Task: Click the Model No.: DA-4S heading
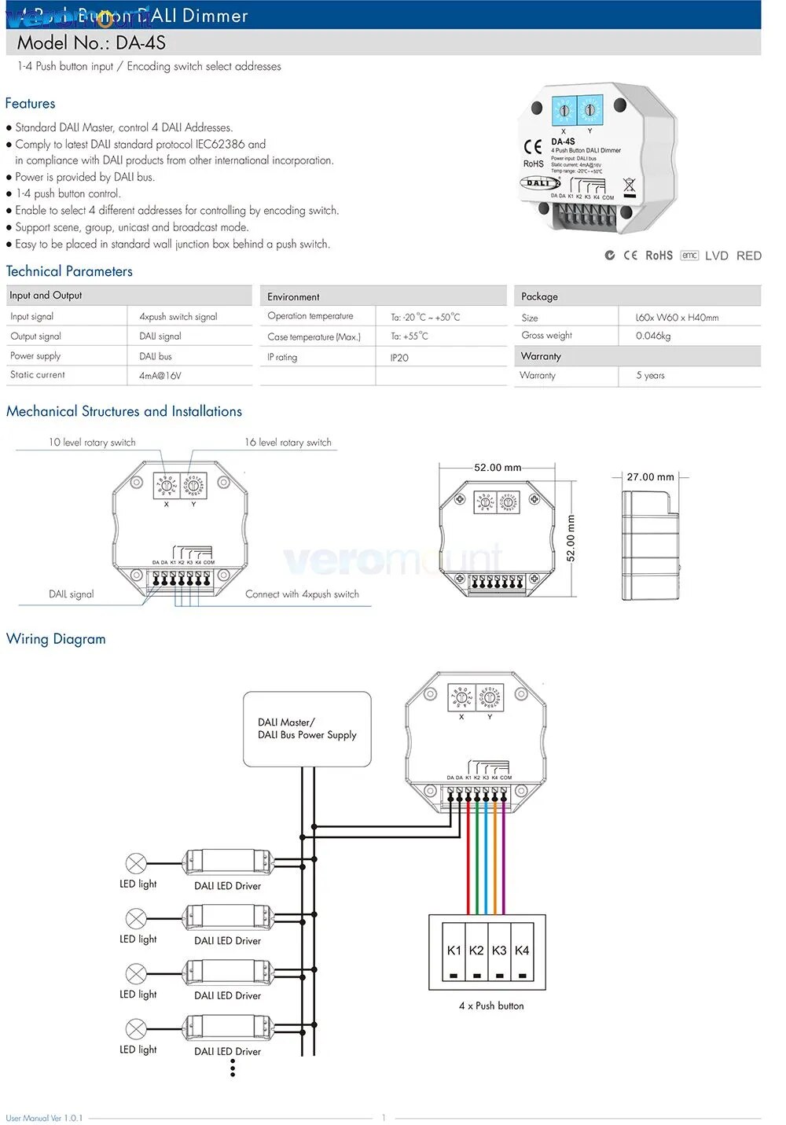tap(91, 43)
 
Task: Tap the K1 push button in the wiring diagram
tap(454, 951)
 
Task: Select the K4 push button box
tap(522, 951)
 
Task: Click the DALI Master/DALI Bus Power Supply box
tap(307, 729)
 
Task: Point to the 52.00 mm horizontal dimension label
tap(498, 468)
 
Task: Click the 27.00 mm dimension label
tap(650, 477)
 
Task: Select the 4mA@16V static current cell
tap(160, 376)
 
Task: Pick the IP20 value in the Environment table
tap(399, 358)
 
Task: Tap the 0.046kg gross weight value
tap(653, 336)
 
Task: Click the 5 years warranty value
tap(650, 376)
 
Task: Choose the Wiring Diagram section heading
tap(56, 639)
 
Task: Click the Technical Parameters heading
tap(69, 271)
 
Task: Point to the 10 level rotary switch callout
tap(92, 443)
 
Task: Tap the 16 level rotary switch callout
tap(288, 443)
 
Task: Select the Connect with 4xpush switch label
tap(302, 594)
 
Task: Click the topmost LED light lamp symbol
tap(136, 864)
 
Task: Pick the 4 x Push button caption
tap(491, 1006)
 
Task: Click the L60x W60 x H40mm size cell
tap(677, 318)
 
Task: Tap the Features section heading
tap(30, 104)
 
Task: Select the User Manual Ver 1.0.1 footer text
tap(44, 1118)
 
